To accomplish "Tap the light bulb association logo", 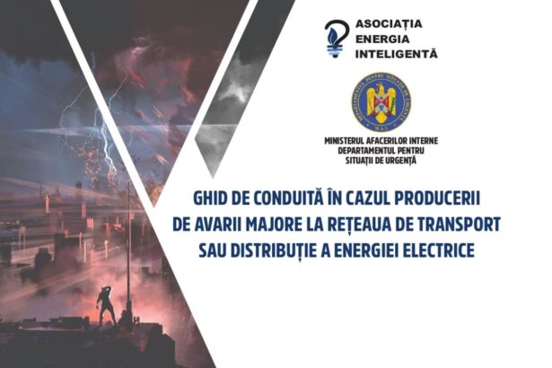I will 337,39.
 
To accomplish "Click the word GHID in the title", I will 214,195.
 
